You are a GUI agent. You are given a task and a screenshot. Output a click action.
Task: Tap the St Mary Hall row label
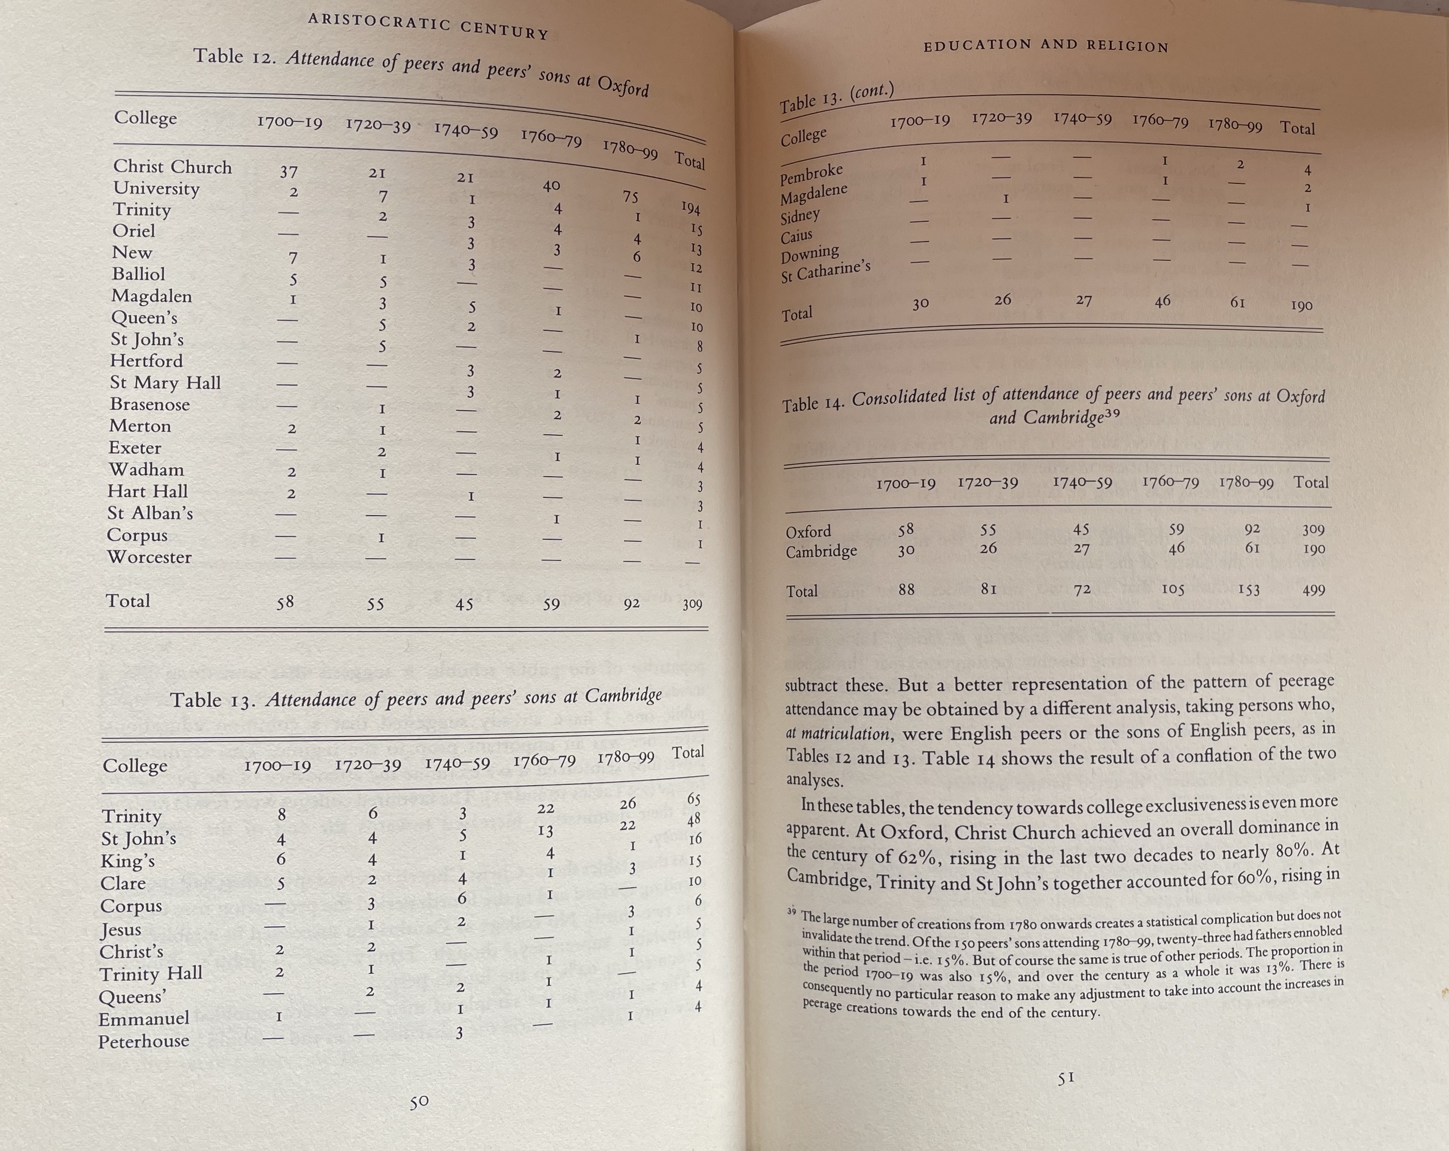[166, 383]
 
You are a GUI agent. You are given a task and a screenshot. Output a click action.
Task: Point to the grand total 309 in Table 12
[692, 604]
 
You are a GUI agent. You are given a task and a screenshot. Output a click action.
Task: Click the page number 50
[419, 1101]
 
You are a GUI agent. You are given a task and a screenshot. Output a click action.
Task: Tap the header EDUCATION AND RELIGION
[1046, 46]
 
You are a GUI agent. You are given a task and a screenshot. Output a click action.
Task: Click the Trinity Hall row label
[151, 974]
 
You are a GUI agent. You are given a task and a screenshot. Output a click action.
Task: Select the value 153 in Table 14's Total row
[1248, 590]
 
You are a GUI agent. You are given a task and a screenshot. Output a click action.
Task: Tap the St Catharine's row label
[825, 272]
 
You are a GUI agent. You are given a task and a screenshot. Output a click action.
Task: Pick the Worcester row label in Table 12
[149, 558]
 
